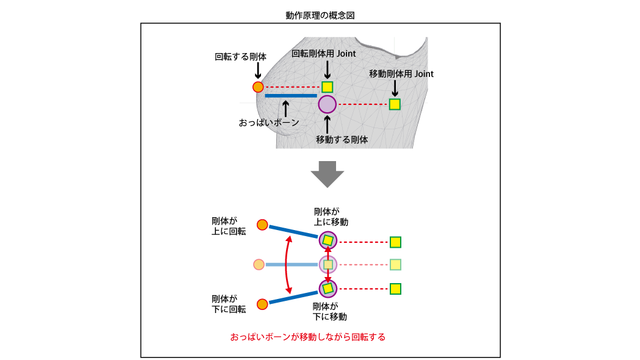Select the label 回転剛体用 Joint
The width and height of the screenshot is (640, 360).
coord(326,52)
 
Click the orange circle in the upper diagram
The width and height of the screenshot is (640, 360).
coord(258,88)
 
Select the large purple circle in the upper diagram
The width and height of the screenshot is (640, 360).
coord(327,104)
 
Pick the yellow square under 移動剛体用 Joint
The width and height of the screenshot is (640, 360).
coord(395,104)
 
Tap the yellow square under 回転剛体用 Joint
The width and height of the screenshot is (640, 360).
coord(327,87)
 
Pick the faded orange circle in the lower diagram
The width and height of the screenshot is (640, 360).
coord(259,265)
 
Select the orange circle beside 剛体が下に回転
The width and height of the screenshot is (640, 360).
coord(263,304)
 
